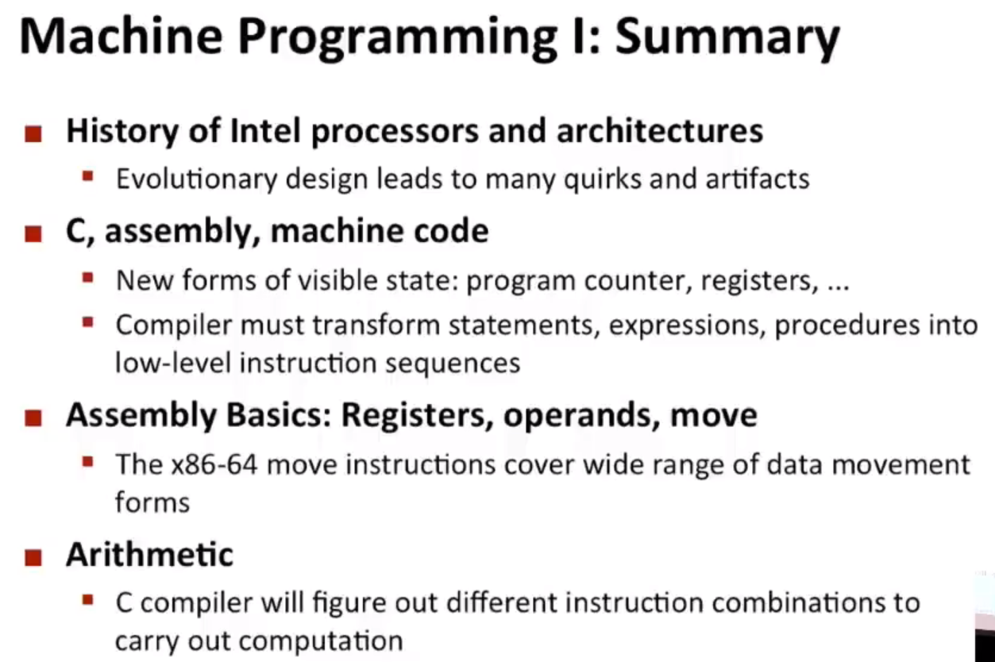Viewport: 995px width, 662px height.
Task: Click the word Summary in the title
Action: click(727, 37)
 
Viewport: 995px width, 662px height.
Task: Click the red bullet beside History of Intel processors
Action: click(33, 133)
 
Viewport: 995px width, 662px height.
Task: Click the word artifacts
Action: click(758, 179)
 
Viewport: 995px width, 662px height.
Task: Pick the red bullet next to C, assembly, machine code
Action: click(33, 234)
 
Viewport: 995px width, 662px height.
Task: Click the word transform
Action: click(376, 325)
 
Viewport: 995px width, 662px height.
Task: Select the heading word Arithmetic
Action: click(150, 555)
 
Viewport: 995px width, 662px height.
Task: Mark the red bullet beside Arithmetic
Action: click(33, 558)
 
